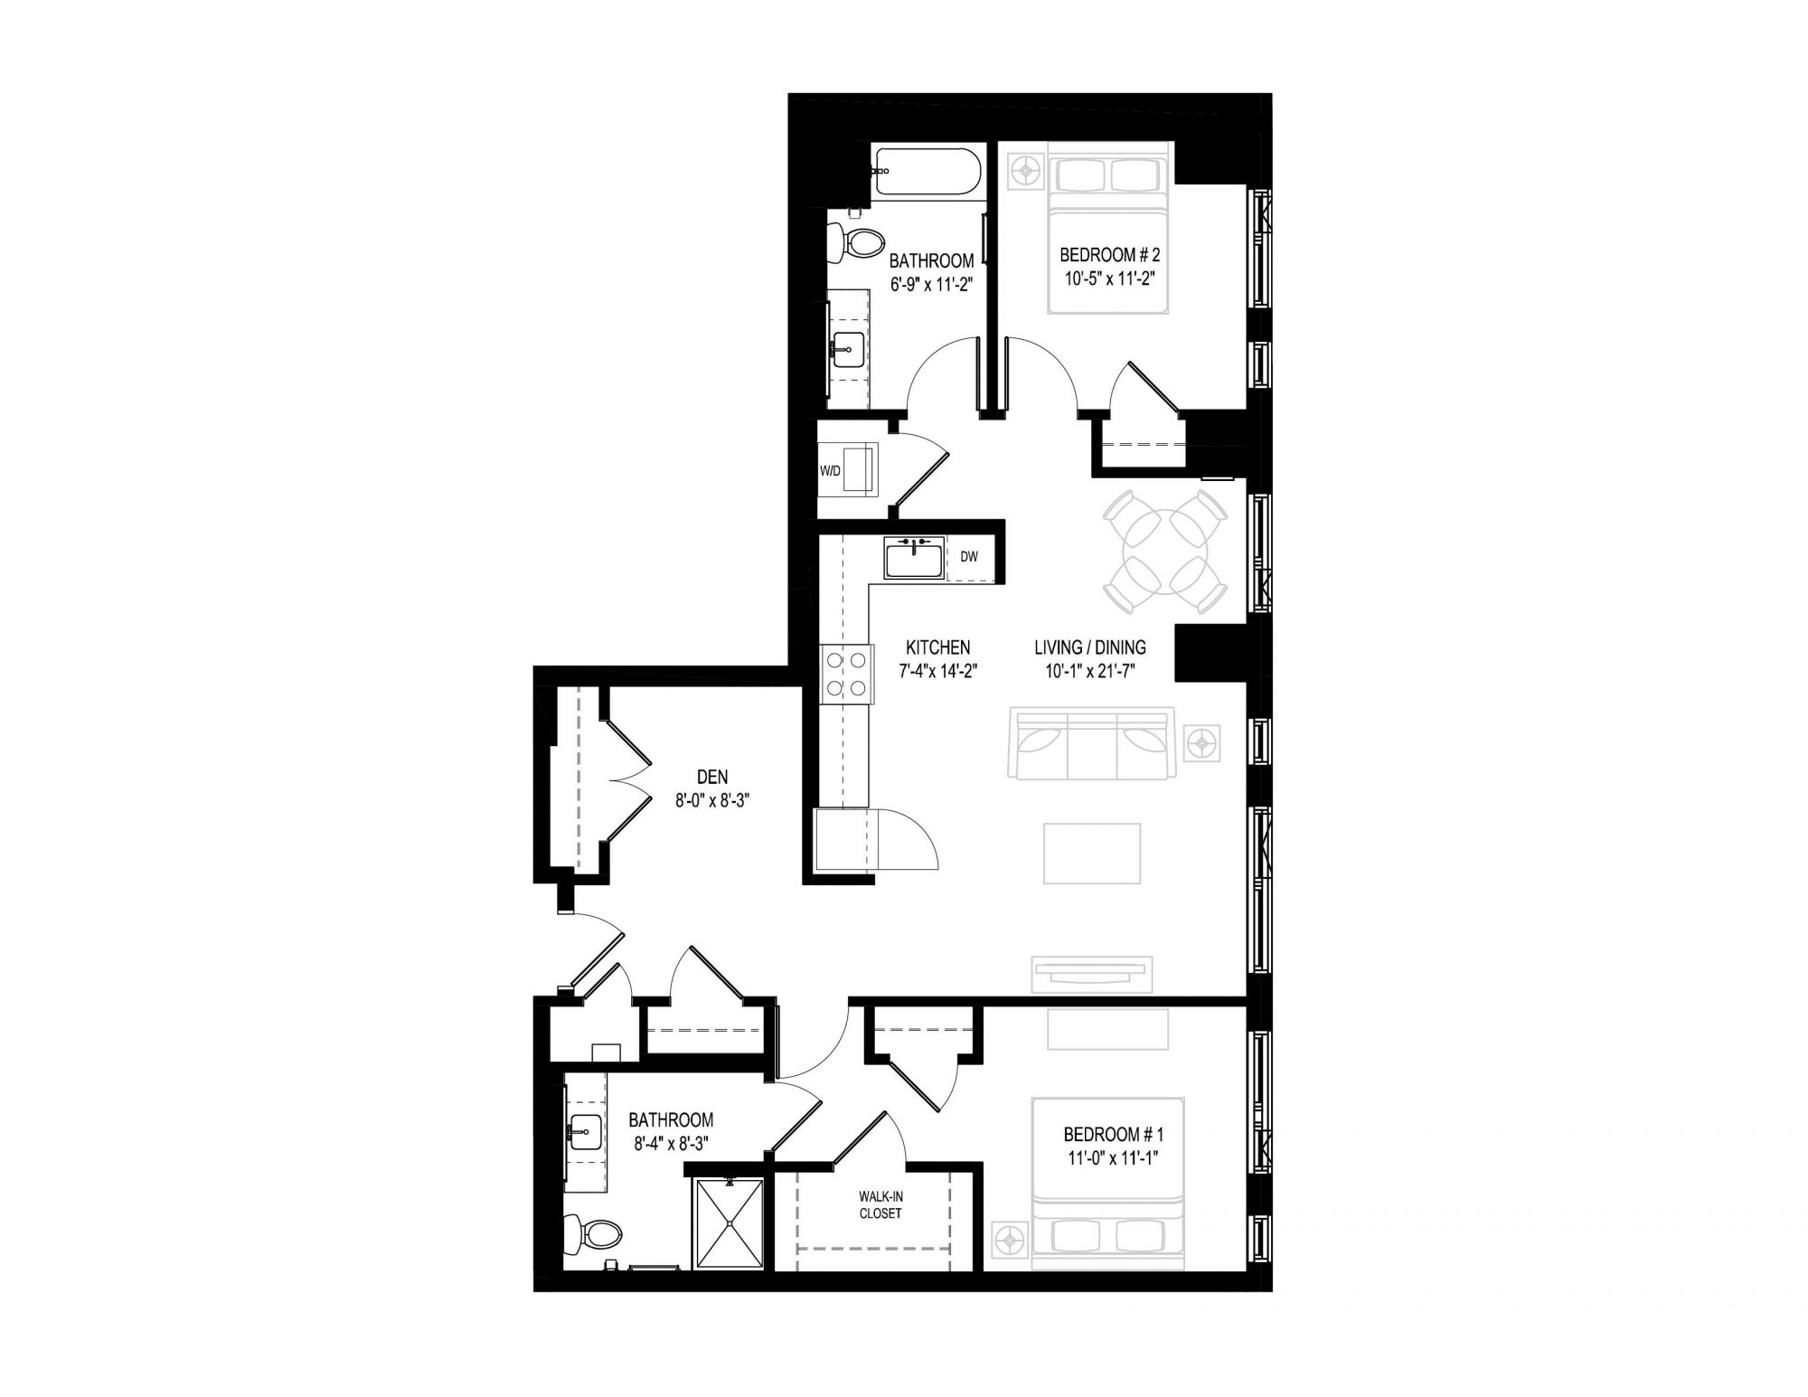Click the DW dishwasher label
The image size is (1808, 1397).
969,557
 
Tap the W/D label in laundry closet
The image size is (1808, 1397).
830,470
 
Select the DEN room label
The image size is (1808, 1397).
712,777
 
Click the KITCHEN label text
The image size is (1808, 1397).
938,647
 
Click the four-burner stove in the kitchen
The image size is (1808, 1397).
848,674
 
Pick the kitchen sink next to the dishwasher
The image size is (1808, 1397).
914,557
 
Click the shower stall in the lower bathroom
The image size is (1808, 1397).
729,1222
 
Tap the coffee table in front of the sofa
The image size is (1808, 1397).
1092,853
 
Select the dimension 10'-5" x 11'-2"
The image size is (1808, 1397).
1109,278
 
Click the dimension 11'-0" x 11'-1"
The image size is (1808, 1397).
1111,1155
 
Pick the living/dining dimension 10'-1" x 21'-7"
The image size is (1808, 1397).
1090,670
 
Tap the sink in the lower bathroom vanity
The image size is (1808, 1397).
586,1129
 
